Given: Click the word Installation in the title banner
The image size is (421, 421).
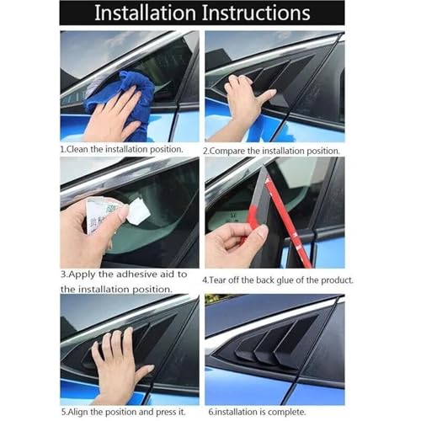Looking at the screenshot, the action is (x=145, y=13).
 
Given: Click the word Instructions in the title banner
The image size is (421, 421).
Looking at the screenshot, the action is (x=256, y=13).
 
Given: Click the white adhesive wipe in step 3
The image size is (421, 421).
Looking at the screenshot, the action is (x=139, y=211).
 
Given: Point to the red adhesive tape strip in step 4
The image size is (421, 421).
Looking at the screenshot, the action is (x=289, y=221).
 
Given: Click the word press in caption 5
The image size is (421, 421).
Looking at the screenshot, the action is (x=166, y=413).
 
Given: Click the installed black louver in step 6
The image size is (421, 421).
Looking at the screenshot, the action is (x=269, y=344).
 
